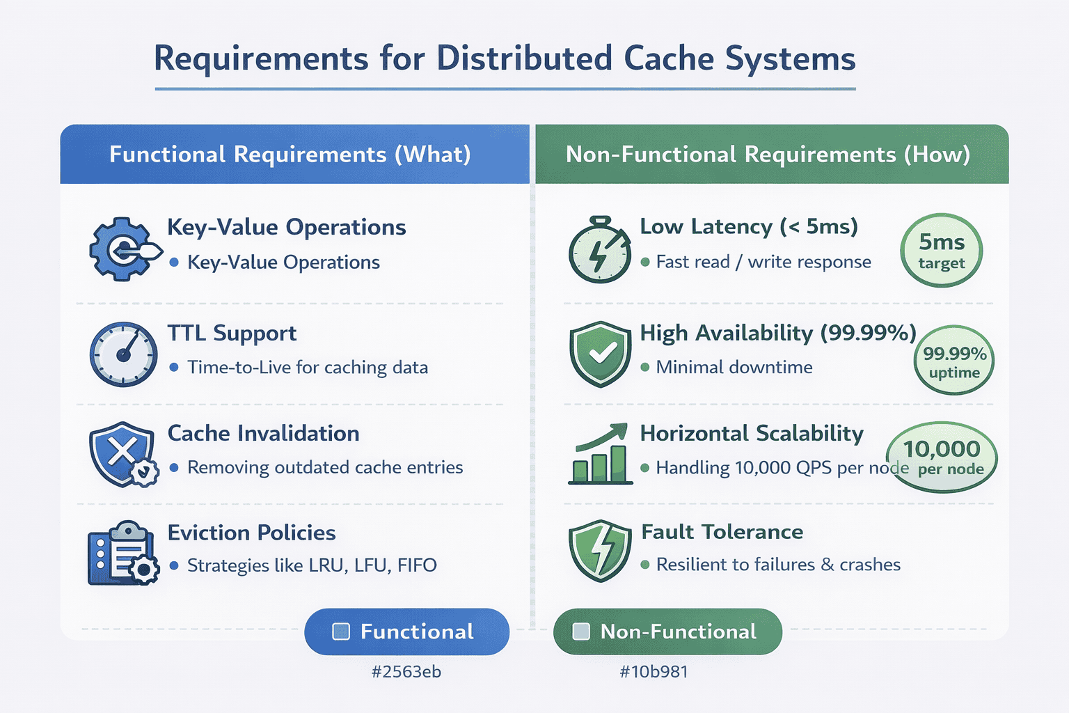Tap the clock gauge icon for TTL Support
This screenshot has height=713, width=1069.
click(x=123, y=354)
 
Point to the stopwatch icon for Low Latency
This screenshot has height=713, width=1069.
click(x=599, y=250)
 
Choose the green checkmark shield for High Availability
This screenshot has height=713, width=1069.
click(x=600, y=354)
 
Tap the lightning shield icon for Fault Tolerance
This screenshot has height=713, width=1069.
click(x=599, y=550)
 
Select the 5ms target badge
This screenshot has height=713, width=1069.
click(x=941, y=251)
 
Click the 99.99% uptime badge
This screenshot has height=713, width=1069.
click(x=954, y=361)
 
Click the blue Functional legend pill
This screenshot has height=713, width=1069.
click(x=406, y=632)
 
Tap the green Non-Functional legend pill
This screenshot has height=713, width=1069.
click(x=667, y=632)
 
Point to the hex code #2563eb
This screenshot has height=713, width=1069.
click(x=406, y=672)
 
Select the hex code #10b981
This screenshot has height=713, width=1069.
click(x=654, y=672)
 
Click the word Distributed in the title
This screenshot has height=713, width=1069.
click(x=524, y=58)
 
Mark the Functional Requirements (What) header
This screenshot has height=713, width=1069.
click(x=290, y=155)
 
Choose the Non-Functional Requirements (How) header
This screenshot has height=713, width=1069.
click(x=768, y=155)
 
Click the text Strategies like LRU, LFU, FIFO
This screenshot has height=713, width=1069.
click(x=312, y=565)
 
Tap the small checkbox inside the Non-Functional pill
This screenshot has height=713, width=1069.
click(x=580, y=632)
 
